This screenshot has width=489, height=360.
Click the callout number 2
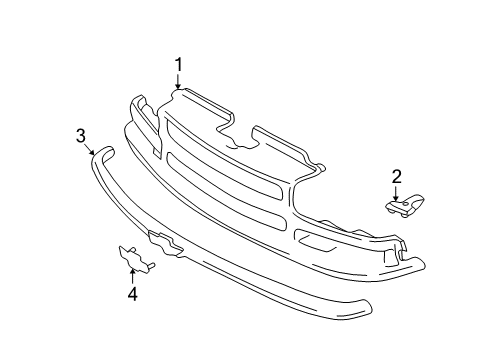[x=396, y=177]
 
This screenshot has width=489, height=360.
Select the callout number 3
[x=81, y=137]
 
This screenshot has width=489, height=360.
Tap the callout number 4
[x=132, y=294]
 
